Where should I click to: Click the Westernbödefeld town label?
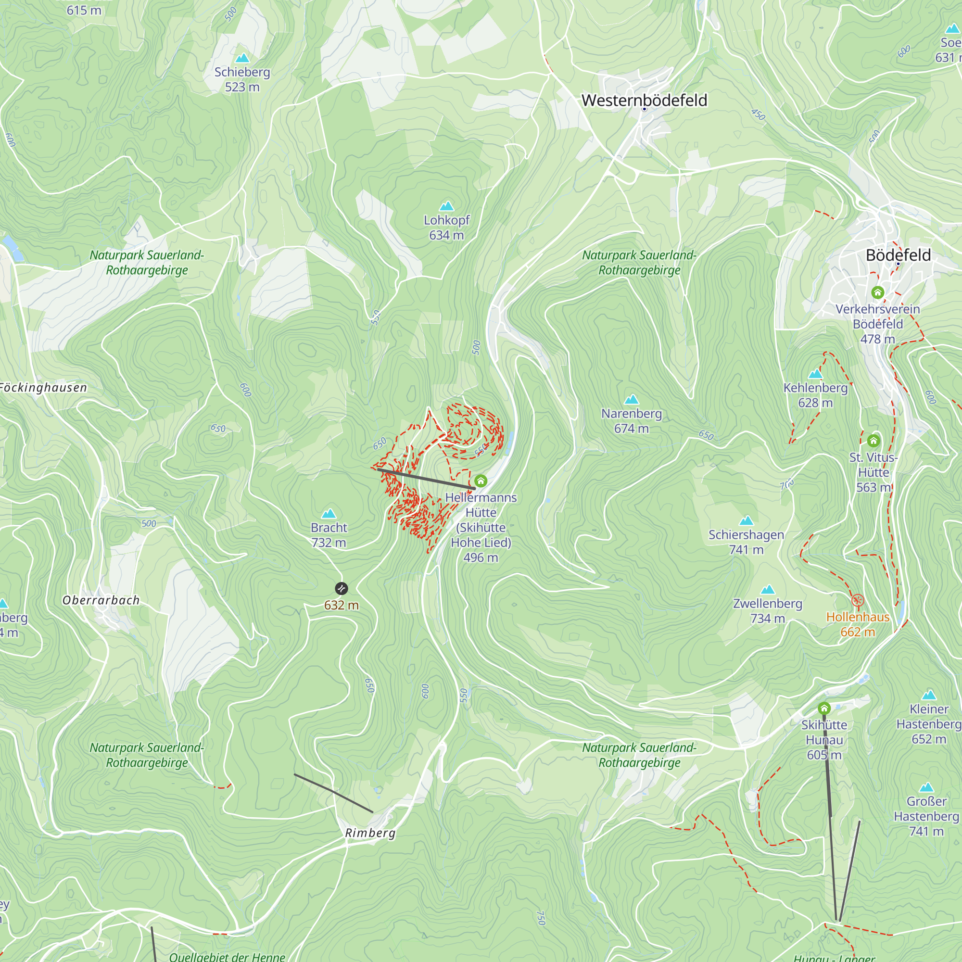644,100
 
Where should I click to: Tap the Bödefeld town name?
898,255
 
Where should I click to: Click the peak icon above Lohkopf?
446,206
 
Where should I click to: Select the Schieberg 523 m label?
242,79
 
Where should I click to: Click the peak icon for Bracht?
328,513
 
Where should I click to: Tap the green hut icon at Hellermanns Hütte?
480,481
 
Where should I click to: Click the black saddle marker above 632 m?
341,589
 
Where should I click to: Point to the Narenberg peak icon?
631,399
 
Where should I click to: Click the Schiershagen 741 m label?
746,542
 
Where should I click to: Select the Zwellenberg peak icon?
767,590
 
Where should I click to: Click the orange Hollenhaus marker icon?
857,600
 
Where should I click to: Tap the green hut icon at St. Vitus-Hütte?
873,440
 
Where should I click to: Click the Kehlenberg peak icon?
815,374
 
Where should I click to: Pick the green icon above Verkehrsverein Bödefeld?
877,292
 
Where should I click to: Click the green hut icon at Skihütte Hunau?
823,708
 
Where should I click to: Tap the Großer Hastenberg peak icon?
925,787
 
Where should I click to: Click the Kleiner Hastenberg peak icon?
928,695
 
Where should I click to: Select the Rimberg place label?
370,833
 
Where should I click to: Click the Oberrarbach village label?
101,600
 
